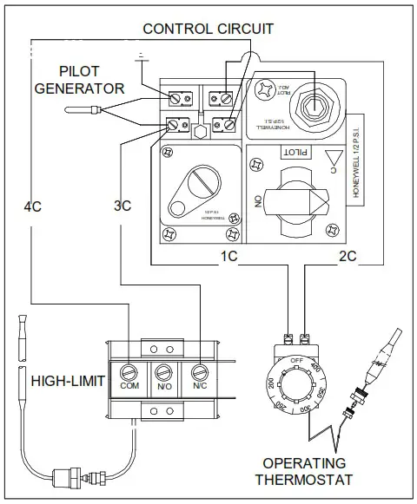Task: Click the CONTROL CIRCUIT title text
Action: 208,29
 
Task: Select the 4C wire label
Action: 32,206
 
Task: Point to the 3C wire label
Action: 122,206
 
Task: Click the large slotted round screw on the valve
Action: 193,185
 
